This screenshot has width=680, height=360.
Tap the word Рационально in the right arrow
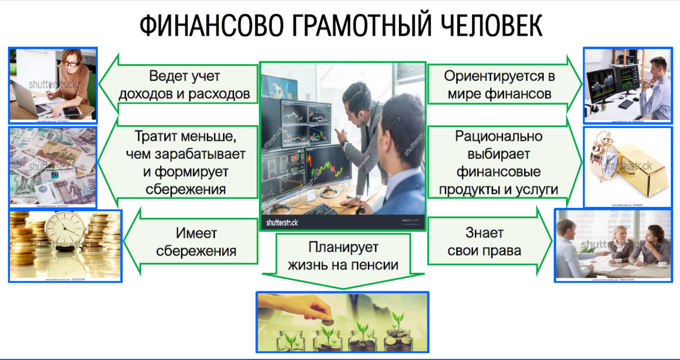tap(498, 136)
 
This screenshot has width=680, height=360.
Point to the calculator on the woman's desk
tap(72, 110)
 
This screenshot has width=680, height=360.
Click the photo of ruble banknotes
tap(53, 167)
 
